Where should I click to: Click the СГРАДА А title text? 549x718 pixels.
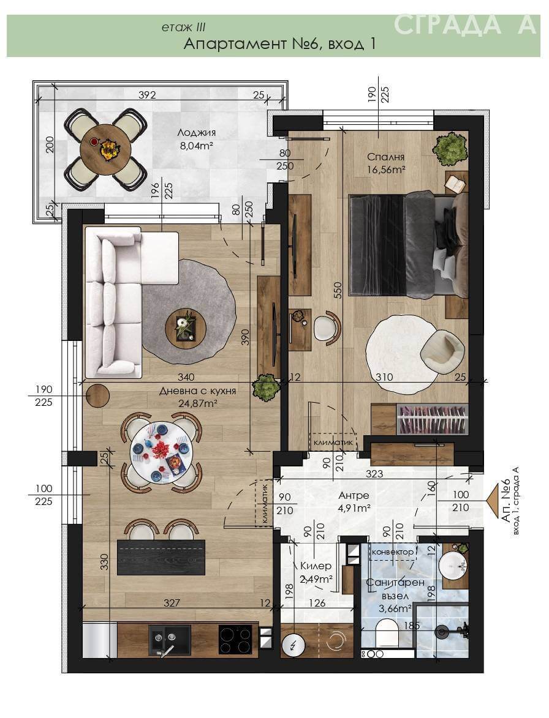pyautogui.click(x=464, y=25)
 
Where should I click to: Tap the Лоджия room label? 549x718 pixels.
pyautogui.click(x=196, y=133)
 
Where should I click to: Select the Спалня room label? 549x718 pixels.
pyautogui.click(x=386, y=157)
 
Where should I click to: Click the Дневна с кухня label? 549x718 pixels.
pyautogui.click(x=197, y=391)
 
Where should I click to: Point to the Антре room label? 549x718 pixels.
pyautogui.click(x=354, y=495)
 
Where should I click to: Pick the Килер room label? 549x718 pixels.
pyautogui.click(x=316, y=566)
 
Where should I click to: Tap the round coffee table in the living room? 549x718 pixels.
pyautogui.click(x=186, y=326)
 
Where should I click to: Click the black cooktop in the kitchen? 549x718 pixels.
pyautogui.click(x=235, y=639)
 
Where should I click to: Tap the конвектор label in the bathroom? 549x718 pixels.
pyautogui.click(x=392, y=552)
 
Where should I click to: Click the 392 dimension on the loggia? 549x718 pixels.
pyautogui.click(x=147, y=95)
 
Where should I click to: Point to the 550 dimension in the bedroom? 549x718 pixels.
pyautogui.click(x=338, y=290)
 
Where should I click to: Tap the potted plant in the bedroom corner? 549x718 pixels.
pyautogui.click(x=451, y=148)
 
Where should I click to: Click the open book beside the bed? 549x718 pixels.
pyautogui.click(x=456, y=184)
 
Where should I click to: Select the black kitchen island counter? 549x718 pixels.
pyautogui.click(x=161, y=557)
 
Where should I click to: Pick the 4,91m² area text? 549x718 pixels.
pyautogui.click(x=354, y=508)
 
